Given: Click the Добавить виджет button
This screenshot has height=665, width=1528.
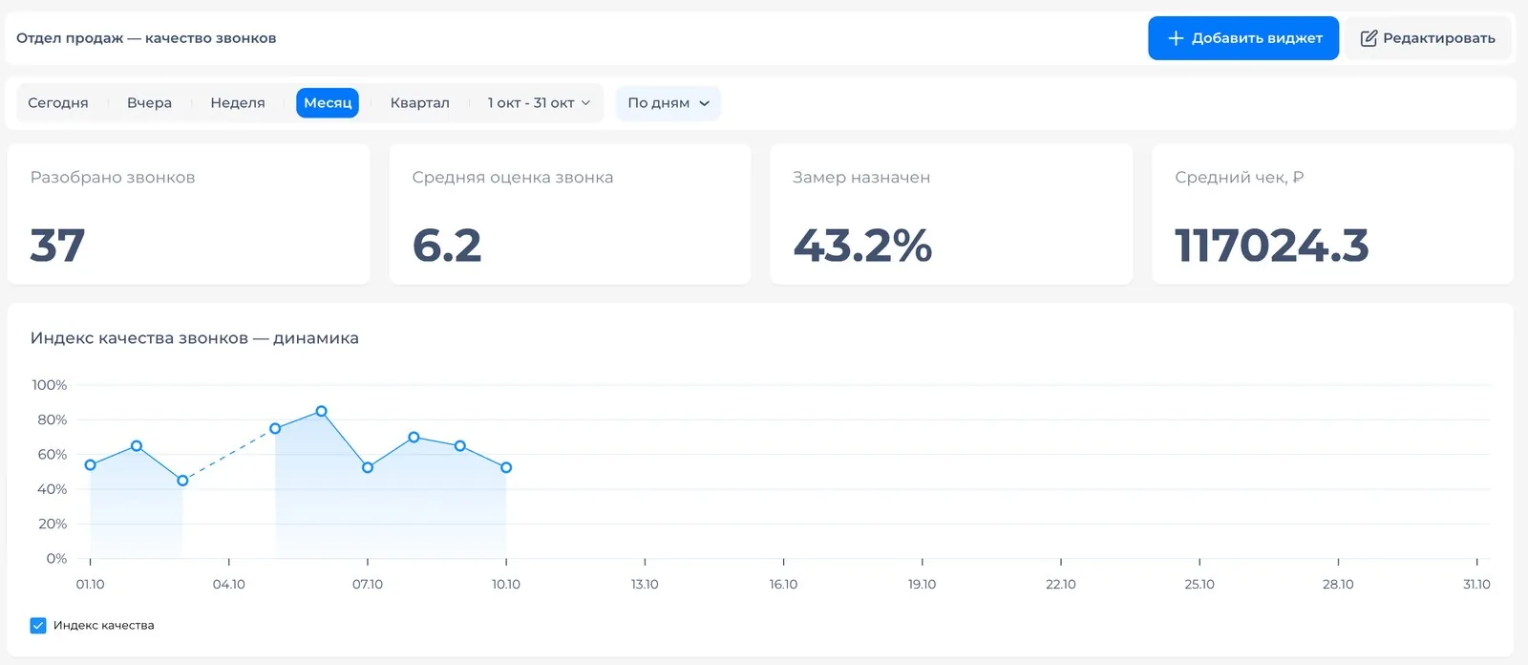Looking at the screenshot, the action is click(1242, 38).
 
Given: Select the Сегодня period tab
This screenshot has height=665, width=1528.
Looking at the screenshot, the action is click(58, 103).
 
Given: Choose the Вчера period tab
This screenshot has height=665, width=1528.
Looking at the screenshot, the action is click(149, 103).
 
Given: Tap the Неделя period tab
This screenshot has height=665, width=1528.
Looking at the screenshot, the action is click(238, 103).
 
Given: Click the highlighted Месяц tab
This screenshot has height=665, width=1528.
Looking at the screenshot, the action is click(328, 103).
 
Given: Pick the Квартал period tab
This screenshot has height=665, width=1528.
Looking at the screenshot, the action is click(419, 103).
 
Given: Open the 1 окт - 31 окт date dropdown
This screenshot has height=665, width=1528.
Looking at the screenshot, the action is click(539, 103).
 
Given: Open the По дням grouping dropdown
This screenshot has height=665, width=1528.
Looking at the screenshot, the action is click(668, 103).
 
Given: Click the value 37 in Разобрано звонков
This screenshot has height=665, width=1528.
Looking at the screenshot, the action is click(57, 246).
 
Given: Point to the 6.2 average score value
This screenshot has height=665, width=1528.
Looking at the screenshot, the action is click(447, 246).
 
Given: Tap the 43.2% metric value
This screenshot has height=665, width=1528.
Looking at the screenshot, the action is click(862, 246).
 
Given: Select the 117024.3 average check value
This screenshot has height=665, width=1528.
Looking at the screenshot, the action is click(1271, 246).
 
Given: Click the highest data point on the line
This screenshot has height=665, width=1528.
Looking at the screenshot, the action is click(321, 411).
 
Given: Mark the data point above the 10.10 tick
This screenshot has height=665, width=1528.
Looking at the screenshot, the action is click(506, 467).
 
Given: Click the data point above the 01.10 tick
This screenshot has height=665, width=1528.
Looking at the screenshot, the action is click(90, 465).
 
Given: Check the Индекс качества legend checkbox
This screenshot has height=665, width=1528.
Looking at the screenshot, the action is click(38, 626).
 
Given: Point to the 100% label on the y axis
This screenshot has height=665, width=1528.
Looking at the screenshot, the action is click(49, 385).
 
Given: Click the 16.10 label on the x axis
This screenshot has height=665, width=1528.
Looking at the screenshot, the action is click(783, 585).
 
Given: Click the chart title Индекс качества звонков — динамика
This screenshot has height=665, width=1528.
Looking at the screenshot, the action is click(195, 338).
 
